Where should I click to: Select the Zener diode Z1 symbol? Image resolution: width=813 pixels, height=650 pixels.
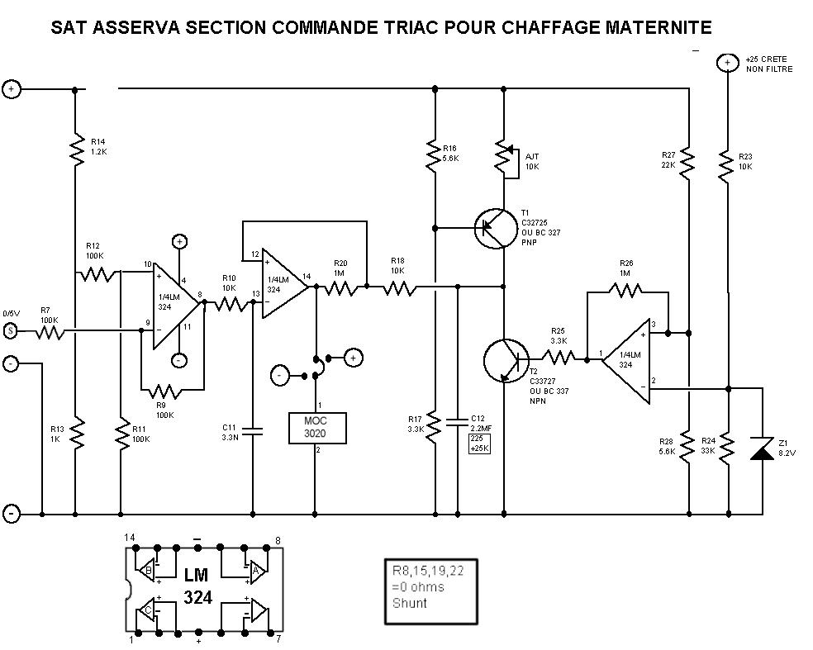coord(761,449)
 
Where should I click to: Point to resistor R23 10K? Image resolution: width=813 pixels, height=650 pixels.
coord(727,164)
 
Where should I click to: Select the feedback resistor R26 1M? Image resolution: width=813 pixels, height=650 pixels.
coord(626,290)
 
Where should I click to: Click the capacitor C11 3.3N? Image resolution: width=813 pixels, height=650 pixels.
coord(252,430)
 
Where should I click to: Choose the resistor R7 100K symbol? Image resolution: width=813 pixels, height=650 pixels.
coord(48,331)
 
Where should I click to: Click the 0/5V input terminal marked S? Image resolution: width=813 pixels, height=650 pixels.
coord(11,331)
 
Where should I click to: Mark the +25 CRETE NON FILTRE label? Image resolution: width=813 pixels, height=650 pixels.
coord(768,64)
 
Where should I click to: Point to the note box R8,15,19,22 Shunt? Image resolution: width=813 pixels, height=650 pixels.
coord(433,590)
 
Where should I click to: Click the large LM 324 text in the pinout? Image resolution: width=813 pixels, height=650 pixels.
coord(197,585)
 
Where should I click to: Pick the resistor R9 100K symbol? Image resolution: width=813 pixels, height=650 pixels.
coord(167,390)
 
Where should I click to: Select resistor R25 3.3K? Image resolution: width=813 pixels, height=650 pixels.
coord(558,358)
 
